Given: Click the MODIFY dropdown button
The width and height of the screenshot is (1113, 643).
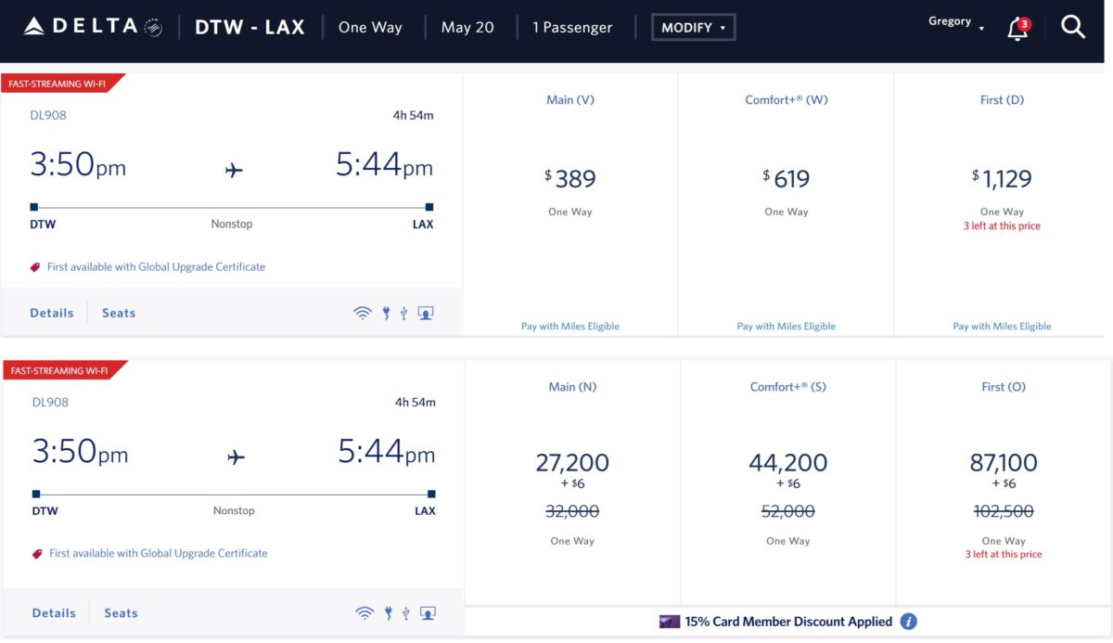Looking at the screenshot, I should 693,28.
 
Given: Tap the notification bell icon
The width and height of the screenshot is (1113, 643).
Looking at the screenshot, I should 1017,29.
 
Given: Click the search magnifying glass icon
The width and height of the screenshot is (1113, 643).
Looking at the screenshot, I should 1073,28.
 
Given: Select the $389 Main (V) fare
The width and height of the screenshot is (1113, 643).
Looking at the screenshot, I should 569,178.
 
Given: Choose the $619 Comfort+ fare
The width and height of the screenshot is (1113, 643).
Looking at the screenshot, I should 787,178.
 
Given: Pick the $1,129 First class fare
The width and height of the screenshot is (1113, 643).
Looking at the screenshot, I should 1002,178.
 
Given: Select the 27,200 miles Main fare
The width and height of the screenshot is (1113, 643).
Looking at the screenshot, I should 571,462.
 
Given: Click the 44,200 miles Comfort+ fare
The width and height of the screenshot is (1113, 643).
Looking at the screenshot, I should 787,462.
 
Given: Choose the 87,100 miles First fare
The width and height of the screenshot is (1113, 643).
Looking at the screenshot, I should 1003,462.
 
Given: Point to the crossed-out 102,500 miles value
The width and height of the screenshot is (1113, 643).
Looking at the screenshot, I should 1003,511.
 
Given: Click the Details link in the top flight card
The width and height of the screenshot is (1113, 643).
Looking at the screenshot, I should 52,314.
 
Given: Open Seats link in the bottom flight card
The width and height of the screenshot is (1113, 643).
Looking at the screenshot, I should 121,613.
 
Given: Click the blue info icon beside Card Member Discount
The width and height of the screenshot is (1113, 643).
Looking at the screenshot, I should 910,622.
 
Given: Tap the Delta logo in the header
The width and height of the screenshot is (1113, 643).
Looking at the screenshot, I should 92,27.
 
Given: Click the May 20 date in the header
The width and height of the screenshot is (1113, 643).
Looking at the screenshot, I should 467,28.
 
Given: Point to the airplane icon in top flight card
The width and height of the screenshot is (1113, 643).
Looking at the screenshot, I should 234,170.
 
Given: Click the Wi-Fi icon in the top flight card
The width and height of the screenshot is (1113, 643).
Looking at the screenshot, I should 362,314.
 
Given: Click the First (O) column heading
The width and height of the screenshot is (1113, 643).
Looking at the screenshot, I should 1003,387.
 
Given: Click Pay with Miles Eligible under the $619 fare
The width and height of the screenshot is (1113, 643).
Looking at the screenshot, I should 787,327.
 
